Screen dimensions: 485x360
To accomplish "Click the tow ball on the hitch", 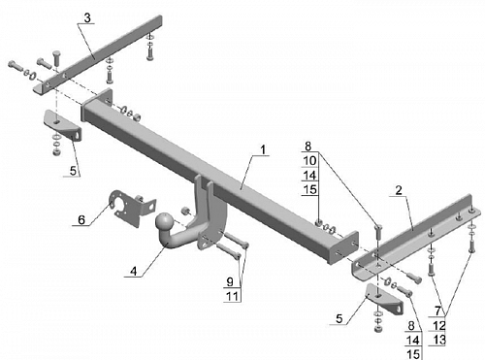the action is point(165,222).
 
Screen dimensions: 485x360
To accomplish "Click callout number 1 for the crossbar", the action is point(263,149).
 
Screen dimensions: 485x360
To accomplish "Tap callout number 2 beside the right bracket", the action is point(399,190).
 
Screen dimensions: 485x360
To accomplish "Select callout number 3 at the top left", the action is point(87,18).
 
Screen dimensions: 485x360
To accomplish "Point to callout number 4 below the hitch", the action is point(134,271).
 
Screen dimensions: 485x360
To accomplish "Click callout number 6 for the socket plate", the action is point(81,220).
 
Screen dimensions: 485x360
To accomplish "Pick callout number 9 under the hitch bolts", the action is point(230,281).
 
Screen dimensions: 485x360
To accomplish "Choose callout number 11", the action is point(232,296).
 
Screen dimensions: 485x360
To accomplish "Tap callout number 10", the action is point(309,160).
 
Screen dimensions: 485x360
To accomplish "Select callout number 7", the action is point(437,311).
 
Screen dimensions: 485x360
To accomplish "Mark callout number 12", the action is point(439,325).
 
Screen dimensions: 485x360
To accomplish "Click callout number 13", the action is point(439,340).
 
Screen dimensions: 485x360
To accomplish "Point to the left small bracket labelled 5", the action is point(63,125).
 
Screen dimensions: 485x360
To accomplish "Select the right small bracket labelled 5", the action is point(385,299).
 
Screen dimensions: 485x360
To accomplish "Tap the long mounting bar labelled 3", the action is point(97,55).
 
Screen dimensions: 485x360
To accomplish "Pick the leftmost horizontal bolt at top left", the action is point(15,66).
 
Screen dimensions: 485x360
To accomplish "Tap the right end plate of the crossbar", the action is point(346,247).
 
